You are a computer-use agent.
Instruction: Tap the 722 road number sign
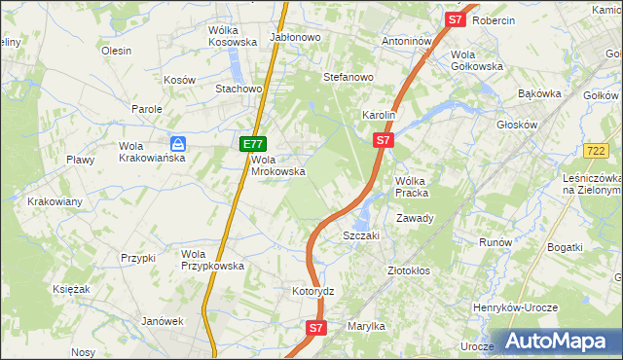tap(598, 150)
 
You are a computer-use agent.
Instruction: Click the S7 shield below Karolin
tap(384, 141)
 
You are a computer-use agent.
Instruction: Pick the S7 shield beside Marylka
tap(315, 329)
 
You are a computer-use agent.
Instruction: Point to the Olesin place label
tap(116, 51)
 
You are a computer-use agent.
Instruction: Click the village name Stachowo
tap(239, 89)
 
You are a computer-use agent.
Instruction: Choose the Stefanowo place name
tap(348, 77)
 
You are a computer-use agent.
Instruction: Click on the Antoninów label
tap(406, 42)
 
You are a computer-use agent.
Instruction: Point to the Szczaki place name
tap(360, 235)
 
